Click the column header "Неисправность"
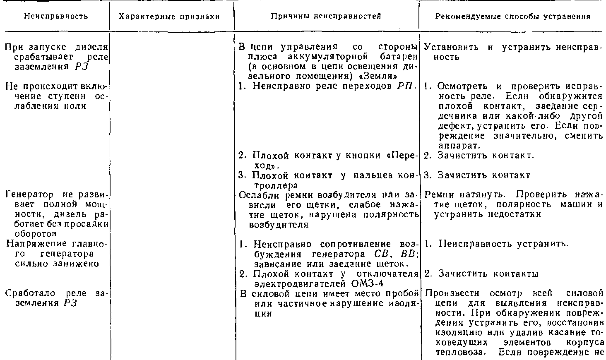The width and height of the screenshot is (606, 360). pyautogui.click(x=56, y=16)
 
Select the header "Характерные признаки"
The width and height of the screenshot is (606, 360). pyautogui.click(x=169, y=17)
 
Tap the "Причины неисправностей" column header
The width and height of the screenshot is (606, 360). pyautogui.click(x=326, y=16)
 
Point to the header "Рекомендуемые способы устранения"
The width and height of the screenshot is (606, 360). pyautogui.click(x=512, y=17)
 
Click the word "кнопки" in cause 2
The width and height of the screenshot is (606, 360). pyautogui.click(x=364, y=156)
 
